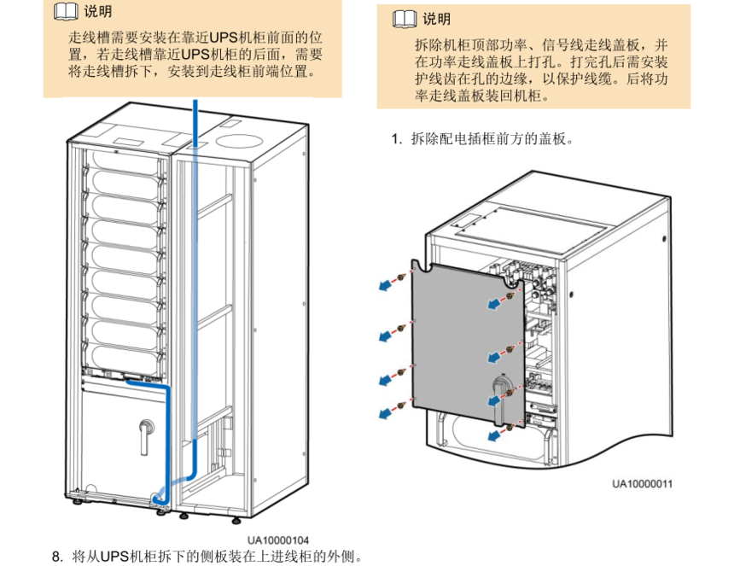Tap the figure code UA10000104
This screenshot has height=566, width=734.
[278, 540]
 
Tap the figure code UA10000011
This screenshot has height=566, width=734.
[642, 484]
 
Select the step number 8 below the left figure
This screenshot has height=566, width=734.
[56, 557]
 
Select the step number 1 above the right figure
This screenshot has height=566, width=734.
[396, 138]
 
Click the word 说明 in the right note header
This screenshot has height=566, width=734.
[436, 19]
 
